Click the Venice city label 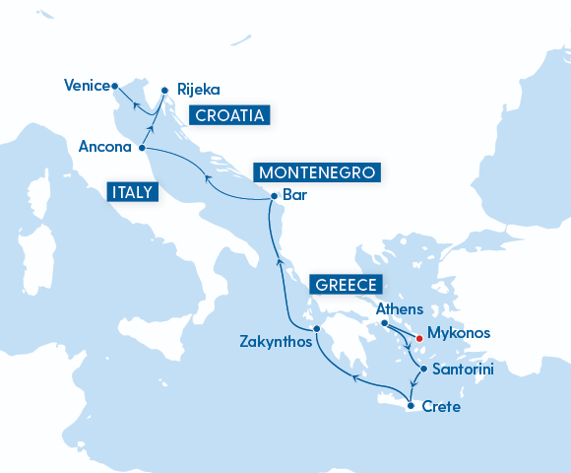click(85, 86)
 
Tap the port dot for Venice click(115, 85)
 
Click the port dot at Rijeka click(165, 86)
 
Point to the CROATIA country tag click(229, 116)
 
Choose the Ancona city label click(105, 148)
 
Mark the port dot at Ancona click(142, 148)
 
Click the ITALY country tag click(132, 192)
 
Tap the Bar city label click(294, 195)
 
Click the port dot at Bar click(273, 197)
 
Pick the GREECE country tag click(346, 286)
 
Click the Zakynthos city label click(276, 343)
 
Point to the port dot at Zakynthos click(316, 329)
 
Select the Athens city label click(400, 308)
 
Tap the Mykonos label click(458, 333)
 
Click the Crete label click(440, 406)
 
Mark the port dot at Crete click(411, 405)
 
